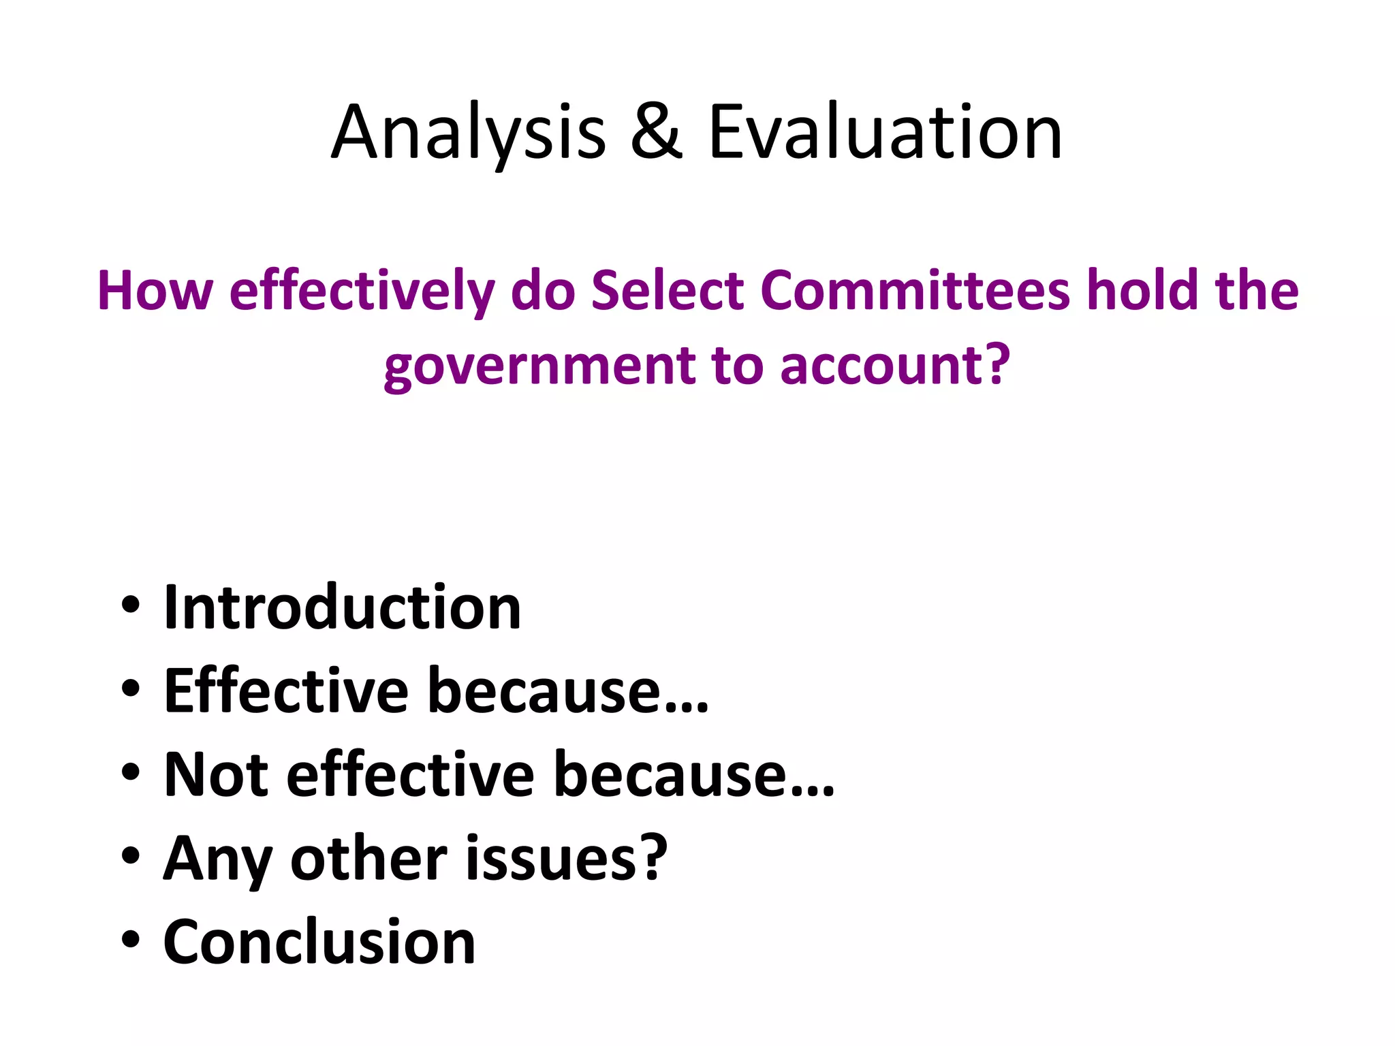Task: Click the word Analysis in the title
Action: [469, 133]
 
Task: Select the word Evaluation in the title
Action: [885, 133]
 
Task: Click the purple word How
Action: [155, 291]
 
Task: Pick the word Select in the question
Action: [668, 291]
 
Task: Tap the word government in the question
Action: [539, 366]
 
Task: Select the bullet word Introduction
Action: [343, 607]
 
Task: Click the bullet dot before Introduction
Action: [130, 605]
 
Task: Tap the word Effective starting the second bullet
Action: [286, 691]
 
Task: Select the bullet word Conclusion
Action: [319, 942]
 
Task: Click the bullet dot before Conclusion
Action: [130, 940]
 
